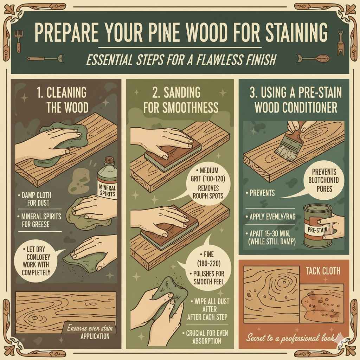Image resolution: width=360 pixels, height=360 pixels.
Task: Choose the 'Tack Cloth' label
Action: pyautogui.click(x=323, y=271)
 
